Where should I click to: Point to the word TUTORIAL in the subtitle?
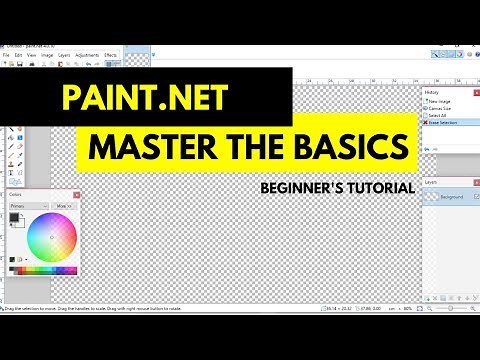376,186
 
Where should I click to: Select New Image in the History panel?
440,101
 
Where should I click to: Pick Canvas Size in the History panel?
441,109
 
